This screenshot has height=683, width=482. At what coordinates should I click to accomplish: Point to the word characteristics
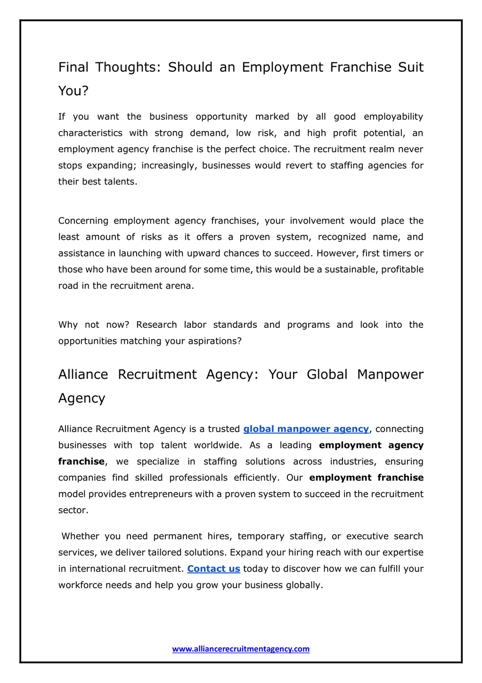pos(90,133)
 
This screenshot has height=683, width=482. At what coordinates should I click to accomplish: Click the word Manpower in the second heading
pos(390,374)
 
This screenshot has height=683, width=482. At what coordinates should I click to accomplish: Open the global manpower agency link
pos(306,429)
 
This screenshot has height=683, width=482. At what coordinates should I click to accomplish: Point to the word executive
pos(367,536)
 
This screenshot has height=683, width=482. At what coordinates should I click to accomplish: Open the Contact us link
pos(213,569)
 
